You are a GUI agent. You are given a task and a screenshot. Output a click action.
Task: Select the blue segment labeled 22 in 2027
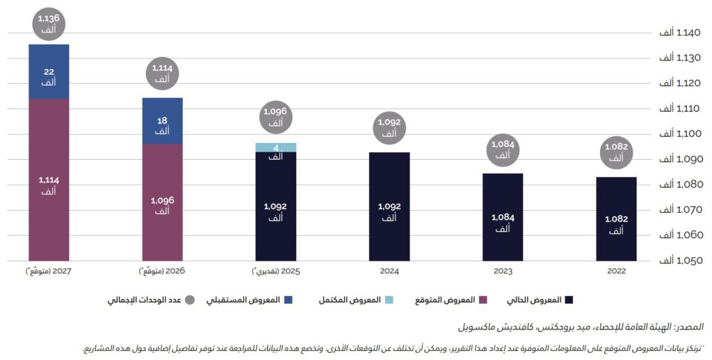click(49, 71)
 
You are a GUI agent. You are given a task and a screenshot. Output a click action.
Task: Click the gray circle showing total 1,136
click(49, 23)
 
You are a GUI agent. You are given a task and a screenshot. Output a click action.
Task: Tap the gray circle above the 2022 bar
click(615, 153)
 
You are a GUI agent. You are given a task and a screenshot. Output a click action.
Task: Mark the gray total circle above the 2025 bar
click(276, 117)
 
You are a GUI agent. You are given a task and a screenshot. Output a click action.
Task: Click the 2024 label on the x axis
click(389, 271)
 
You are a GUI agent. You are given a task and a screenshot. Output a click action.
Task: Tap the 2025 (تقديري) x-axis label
click(276, 271)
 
